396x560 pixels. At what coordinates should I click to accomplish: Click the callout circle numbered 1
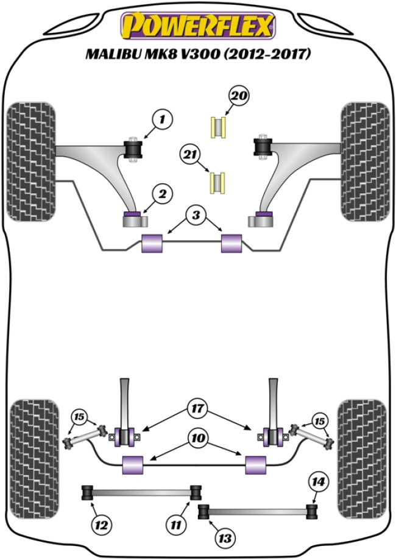pos(163,120)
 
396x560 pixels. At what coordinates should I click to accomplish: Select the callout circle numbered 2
pos(162,195)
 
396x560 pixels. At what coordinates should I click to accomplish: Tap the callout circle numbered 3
pos(194,215)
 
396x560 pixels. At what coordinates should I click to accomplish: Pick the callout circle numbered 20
pos(238,96)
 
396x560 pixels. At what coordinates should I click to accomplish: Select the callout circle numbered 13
pos(227,537)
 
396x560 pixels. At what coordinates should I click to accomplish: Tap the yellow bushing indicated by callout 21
pos(217,182)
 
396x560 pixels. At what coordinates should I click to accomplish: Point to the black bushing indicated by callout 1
pos(132,149)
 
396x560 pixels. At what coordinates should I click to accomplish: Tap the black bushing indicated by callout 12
pos(88,491)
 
